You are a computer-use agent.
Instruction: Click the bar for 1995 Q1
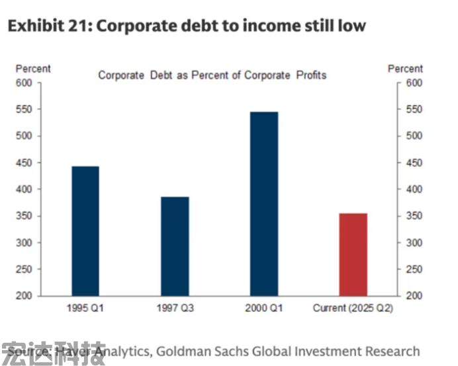(x=85, y=231)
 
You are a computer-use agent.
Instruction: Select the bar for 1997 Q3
(x=175, y=246)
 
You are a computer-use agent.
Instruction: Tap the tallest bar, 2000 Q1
(x=264, y=203)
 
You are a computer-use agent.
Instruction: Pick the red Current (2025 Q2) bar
(x=353, y=254)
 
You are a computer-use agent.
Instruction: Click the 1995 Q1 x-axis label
(x=85, y=308)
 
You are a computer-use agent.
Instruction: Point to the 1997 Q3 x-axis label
(x=175, y=308)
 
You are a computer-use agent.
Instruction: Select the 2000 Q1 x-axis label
(x=264, y=308)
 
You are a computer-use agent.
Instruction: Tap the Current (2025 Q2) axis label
(x=353, y=308)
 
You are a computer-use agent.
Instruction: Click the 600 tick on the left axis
(x=24, y=83)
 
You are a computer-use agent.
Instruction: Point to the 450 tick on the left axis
(x=24, y=163)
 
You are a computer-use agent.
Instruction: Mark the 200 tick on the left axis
(x=24, y=296)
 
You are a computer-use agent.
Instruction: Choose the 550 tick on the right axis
(x=414, y=110)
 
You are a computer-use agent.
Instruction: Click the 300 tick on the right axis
(x=414, y=242)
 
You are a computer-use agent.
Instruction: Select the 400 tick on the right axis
(x=414, y=190)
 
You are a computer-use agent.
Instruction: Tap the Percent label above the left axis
(x=33, y=69)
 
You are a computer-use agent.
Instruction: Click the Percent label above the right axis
(x=405, y=69)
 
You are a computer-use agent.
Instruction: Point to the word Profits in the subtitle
(x=311, y=75)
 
